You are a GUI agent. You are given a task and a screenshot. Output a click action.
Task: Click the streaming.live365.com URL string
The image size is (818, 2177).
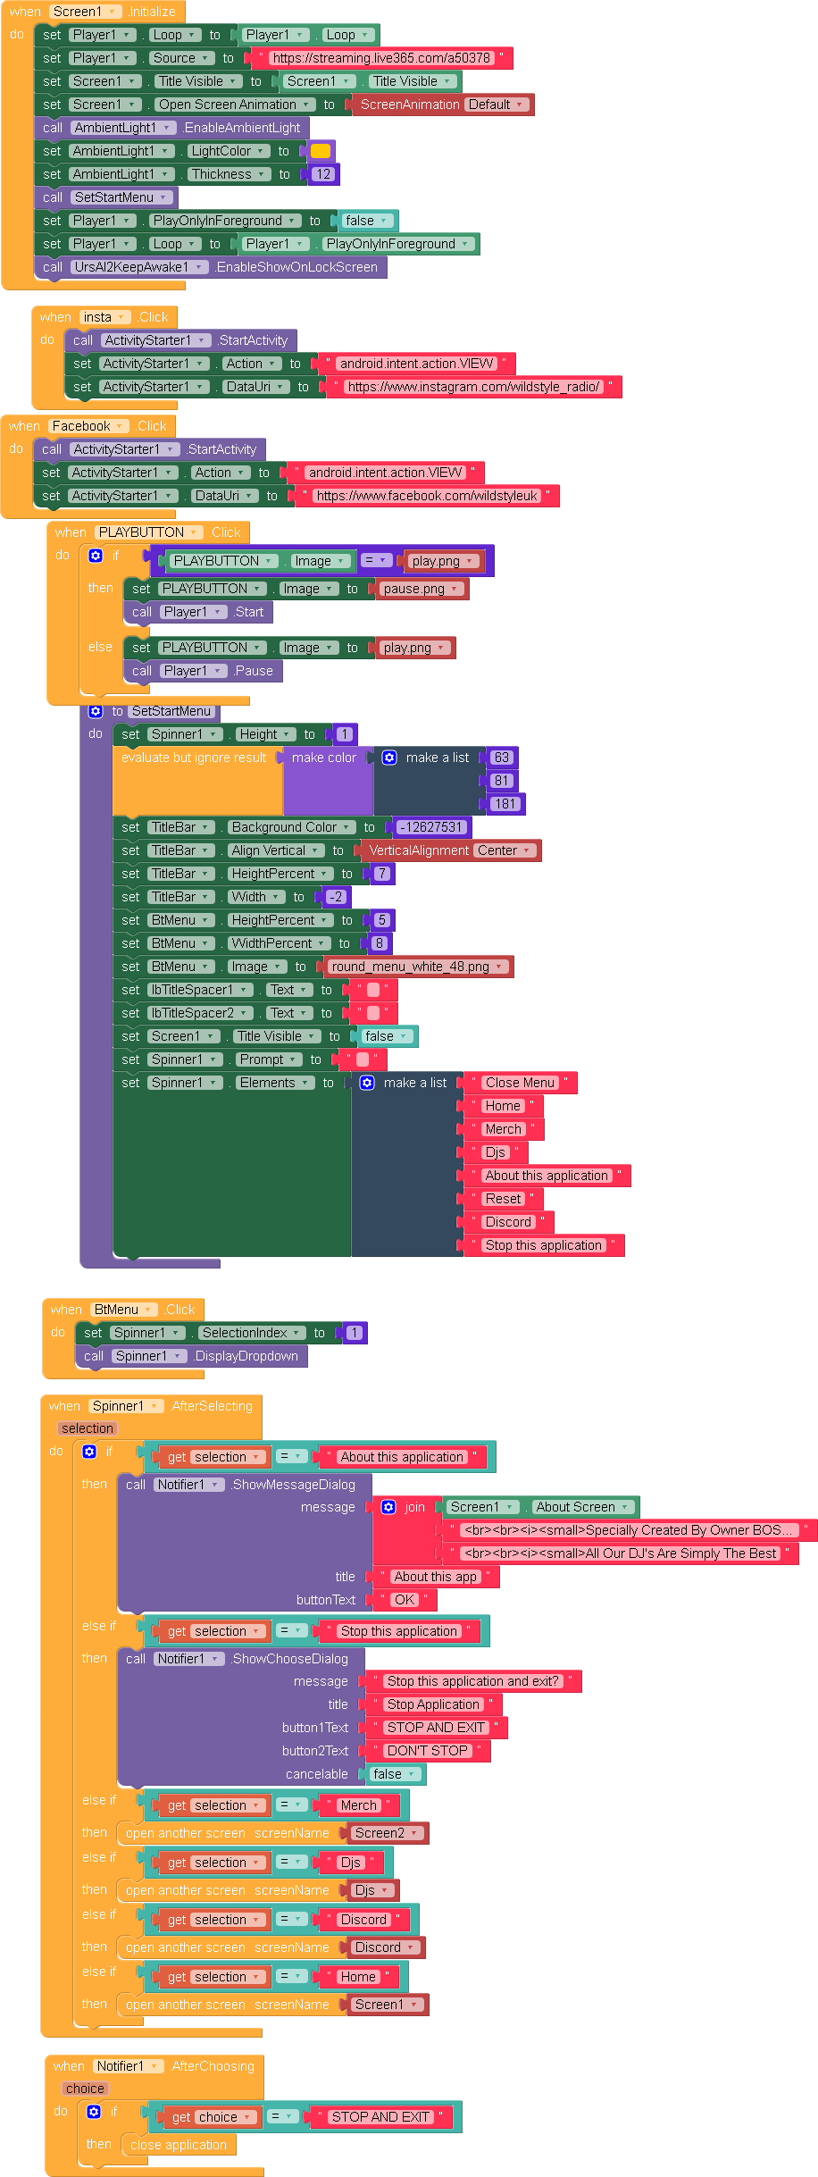point(381,58)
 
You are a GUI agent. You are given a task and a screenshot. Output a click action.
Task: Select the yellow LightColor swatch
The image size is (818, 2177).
point(321,151)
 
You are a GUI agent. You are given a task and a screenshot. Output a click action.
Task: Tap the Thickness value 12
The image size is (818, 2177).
point(323,174)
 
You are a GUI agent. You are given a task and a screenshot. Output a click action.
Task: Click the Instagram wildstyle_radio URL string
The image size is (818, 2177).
point(473,387)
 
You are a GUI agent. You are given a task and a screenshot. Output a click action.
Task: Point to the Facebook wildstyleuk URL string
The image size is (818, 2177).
point(427,496)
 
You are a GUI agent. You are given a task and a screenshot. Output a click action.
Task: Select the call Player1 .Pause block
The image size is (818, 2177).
point(204,671)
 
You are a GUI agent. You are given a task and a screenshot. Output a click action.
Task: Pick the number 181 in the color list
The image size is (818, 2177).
point(505,804)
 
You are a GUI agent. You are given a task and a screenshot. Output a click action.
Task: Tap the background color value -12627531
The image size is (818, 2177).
point(430,827)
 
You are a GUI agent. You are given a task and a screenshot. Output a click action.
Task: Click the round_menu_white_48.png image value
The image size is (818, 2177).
point(416,967)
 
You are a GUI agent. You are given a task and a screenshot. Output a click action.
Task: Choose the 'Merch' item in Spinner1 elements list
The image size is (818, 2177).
point(503,1129)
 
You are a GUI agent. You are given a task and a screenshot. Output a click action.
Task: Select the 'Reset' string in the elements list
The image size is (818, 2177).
point(503,1199)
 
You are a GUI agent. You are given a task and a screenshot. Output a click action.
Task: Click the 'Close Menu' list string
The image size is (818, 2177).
point(520,1083)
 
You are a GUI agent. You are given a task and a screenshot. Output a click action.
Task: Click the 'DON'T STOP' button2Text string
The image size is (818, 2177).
point(427,1751)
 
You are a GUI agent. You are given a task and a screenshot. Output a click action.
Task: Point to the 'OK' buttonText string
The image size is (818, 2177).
point(405,1600)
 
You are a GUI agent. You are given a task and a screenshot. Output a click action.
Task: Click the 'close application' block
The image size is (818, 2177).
point(179,2145)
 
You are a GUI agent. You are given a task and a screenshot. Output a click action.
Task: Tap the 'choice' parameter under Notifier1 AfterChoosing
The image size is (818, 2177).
point(85,2089)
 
